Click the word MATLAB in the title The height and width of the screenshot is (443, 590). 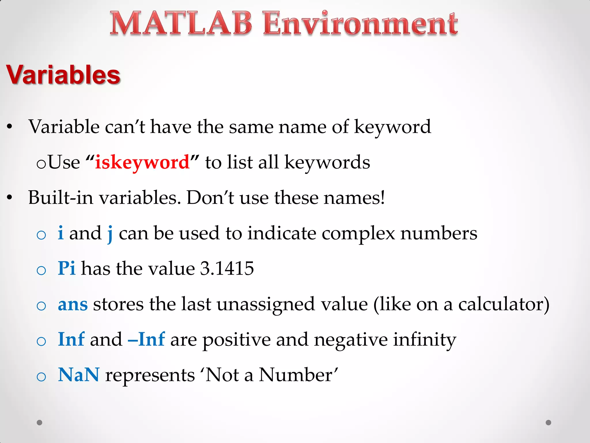point(181,24)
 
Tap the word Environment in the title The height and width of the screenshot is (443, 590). point(360,24)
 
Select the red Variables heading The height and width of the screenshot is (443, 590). point(63,75)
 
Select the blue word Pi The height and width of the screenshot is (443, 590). point(67,268)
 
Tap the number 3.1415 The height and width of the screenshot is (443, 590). point(227,268)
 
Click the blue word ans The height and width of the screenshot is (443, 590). point(73,304)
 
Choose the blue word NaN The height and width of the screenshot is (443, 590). point(79,375)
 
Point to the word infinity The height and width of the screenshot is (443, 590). point(425,340)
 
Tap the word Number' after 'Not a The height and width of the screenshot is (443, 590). point(298,375)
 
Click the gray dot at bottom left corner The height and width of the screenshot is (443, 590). point(39,423)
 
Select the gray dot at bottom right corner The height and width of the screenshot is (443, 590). point(549,423)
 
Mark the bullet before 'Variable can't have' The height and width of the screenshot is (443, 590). point(10,127)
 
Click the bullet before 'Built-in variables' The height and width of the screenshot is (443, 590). point(10,198)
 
